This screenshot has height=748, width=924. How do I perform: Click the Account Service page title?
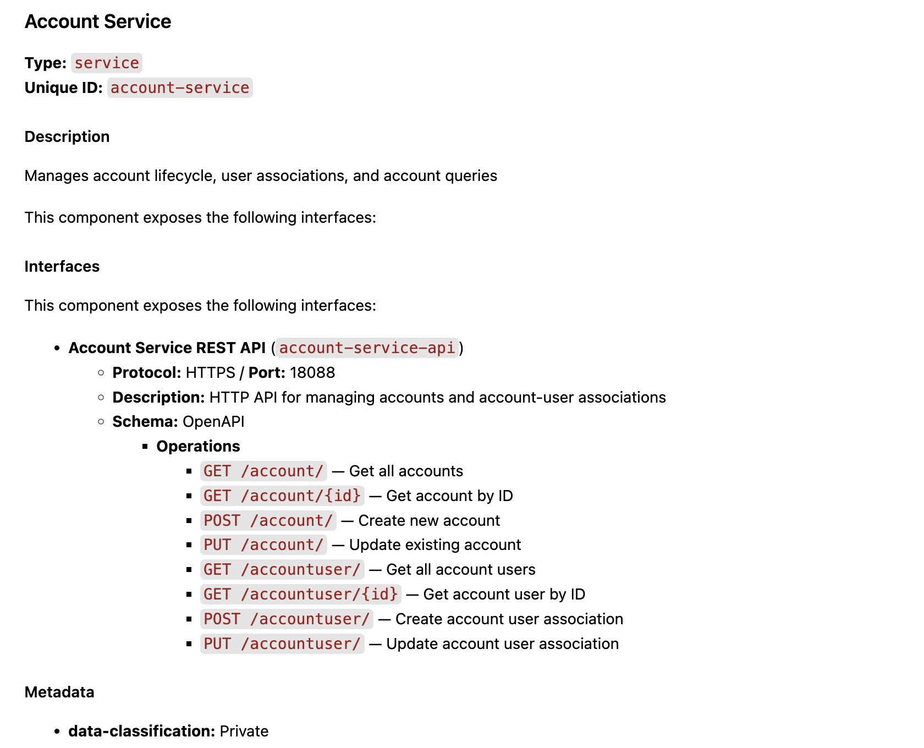pos(98,21)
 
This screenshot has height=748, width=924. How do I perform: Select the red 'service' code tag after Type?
pos(107,63)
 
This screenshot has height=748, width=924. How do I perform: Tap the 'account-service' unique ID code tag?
pos(180,88)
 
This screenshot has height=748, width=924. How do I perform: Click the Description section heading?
pos(67,136)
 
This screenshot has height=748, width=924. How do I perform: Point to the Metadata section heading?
pos(59,692)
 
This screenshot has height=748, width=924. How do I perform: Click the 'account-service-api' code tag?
pos(367,348)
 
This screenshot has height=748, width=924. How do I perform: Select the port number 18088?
pos(312,373)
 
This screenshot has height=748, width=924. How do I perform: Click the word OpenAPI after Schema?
pos(213,422)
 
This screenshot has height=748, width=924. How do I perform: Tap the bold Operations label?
pos(198,446)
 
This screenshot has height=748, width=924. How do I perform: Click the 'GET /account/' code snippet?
pos(263,471)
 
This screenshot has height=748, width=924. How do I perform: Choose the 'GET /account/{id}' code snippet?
pos(282,496)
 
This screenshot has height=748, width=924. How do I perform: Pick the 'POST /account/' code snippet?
pos(268,521)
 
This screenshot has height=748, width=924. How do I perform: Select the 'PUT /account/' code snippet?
pos(263,545)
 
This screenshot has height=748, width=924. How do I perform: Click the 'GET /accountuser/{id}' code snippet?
pos(300,595)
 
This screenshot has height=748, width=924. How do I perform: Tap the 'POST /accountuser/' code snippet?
pos(287,619)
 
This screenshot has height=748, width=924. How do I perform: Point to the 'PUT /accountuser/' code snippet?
pos(282,644)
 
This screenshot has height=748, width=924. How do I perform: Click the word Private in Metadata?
pos(244,732)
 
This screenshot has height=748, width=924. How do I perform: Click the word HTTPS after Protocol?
pos(211,373)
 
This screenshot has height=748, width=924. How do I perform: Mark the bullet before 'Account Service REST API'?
pos(57,348)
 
